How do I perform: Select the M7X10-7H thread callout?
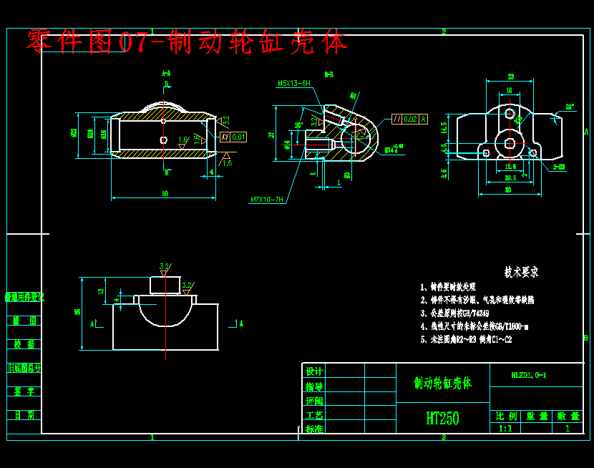point(267,200)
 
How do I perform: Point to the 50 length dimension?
point(165,193)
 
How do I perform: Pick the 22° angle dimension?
point(570,107)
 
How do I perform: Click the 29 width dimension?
point(510,77)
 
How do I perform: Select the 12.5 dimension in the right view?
point(510,166)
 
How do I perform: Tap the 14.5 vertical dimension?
point(444,127)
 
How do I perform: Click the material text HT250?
point(442,418)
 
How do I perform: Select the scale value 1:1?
point(505,428)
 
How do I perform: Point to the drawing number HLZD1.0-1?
point(529,374)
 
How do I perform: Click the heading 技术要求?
point(520,273)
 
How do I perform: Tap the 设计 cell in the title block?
point(314,371)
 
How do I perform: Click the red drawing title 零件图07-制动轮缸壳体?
point(187,43)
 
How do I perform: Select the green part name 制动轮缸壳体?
point(442,383)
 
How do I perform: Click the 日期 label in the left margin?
point(24,415)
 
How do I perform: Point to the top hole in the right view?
point(510,113)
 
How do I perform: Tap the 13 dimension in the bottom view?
point(101,291)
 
